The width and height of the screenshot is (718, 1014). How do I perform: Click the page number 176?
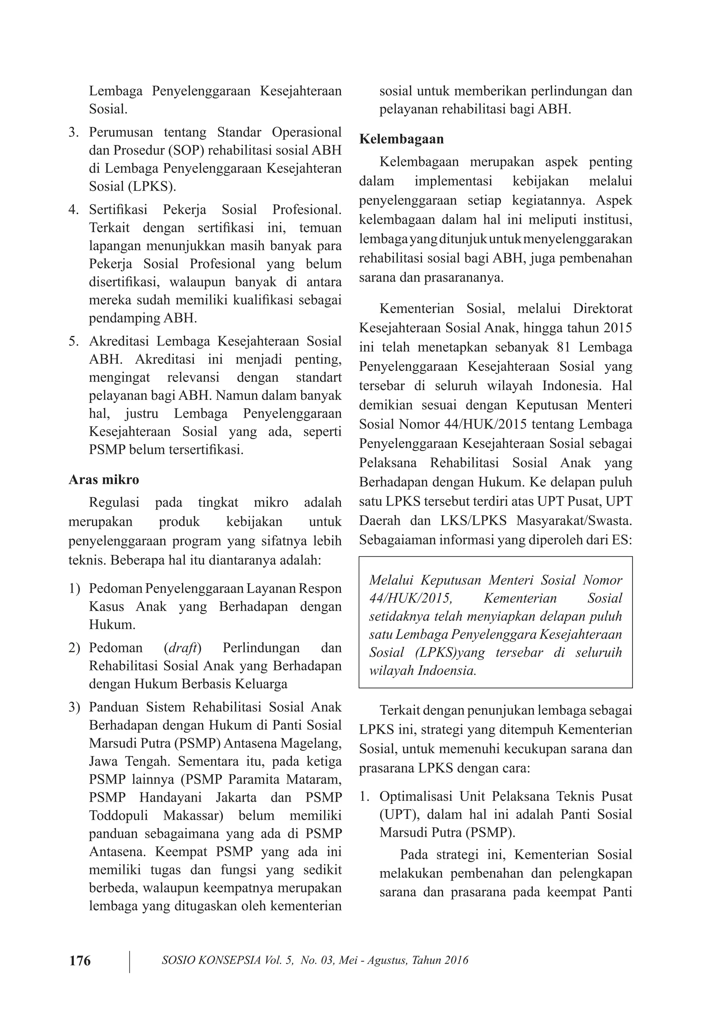click(80, 960)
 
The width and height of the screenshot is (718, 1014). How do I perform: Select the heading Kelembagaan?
click(401, 139)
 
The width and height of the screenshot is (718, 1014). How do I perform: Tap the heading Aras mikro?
click(103, 480)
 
